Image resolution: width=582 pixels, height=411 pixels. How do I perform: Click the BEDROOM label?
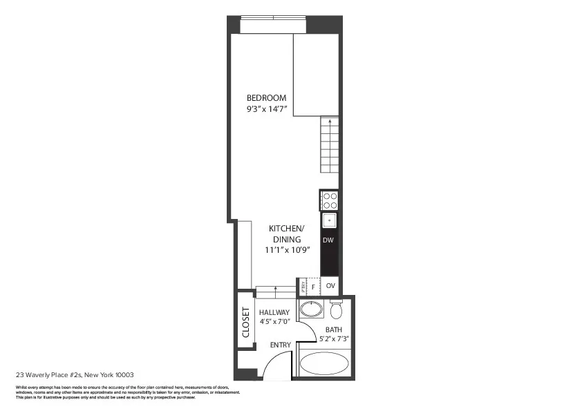(x=266, y=98)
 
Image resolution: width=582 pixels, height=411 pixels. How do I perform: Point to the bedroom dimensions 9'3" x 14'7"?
(x=266, y=109)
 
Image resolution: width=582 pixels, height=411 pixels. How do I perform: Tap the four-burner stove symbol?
(x=330, y=200)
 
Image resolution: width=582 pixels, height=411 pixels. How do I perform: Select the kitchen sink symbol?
(x=330, y=221)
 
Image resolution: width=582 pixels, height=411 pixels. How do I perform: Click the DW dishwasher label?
(x=329, y=240)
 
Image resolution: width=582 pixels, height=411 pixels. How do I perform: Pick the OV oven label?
(x=330, y=285)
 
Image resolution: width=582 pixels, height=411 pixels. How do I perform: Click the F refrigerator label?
(x=313, y=285)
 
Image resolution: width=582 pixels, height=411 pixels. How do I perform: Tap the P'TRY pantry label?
(x=302, y=285)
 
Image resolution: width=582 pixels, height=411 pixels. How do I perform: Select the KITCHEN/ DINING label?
(x=286, y=233)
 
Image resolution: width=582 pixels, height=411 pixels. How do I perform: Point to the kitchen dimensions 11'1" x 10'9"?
(x=286, y=250)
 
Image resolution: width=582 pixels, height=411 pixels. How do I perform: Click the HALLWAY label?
(x=274, y=312)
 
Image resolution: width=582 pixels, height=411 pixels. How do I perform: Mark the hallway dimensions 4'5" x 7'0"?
(x=274, y=321)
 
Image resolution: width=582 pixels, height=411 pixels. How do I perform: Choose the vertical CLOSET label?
(x=245, y=323)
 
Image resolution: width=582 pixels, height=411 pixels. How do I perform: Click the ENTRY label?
(x=281, y=345)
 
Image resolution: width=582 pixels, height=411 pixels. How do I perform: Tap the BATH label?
(x=332, y=329)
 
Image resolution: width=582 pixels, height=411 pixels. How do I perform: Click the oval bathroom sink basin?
(x=310, y=309)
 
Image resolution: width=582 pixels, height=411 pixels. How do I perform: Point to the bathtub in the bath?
(x=325, y=363)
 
